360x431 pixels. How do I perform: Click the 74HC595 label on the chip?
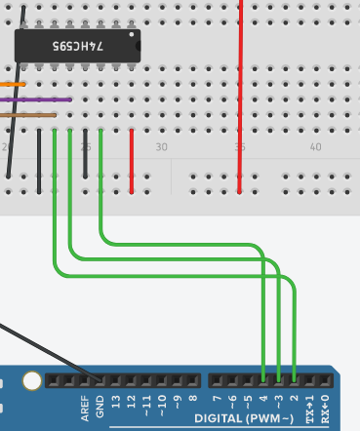click(x=78, y=46)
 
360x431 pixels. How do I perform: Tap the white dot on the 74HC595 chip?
click(x=132, y=34)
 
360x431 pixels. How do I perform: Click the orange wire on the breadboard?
click(x=13, y=85)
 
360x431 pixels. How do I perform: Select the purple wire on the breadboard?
click(x=36, y=99)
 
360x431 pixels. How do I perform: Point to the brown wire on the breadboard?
click(x=28, y=115)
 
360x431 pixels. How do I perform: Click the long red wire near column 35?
click(x=240, y=97)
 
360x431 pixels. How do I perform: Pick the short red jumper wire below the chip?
click(x=132, y=162)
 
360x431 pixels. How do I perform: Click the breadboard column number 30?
click(x=161, y=147)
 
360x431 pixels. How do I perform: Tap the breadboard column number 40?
click(x=315, y=147)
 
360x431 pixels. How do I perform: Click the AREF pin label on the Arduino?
click(x=85, y=409)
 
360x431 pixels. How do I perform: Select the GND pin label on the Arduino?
click(x=100, y=407)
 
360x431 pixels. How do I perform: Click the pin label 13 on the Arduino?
click(x=115, y=402)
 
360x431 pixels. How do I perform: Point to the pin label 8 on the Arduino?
click(x=192, y=398)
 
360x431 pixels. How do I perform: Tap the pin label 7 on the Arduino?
click(x=217, y=398)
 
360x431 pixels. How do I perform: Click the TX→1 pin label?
click(x=309, y=409)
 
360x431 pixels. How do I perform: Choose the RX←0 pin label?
click(x=325, y=409)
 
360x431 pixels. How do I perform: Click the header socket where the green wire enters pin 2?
click(x=294, y=380)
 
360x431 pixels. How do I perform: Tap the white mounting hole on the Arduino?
click(x=32, y=380)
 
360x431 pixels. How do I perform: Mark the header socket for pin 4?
click(x=263, y=380)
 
